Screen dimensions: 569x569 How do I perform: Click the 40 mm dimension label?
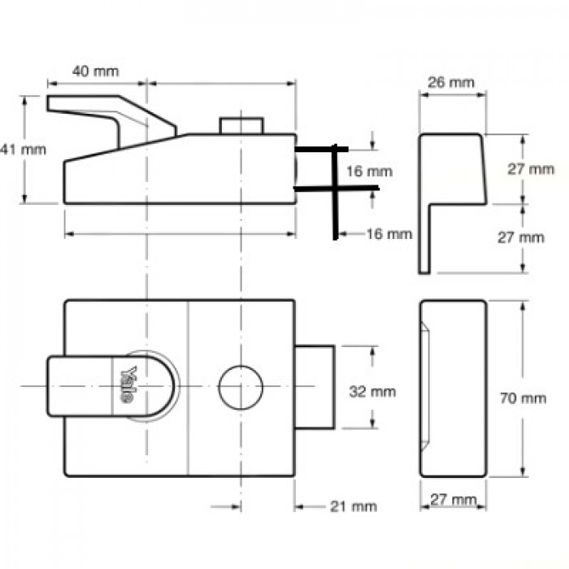[x=95, y=71]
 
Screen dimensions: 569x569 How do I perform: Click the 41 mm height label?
[x=11, y=149]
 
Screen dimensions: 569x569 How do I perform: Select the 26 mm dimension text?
[x=450, y=83]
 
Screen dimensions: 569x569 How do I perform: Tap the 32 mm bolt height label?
[x=371, y=392]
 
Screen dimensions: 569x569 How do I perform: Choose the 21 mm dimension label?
[x=354, y=506]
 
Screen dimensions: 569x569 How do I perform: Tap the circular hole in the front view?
[x=241, y=386]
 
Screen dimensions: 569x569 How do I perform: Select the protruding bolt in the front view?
[x=315, y=386]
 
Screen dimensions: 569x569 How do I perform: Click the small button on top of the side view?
[x=241, y=126]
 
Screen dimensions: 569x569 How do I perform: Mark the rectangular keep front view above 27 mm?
[x=453, y=389]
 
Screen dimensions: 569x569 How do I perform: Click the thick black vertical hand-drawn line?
[x=333, y=195]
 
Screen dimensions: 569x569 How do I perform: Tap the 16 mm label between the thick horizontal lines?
[x=367, y=172]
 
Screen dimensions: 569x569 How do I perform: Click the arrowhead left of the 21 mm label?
[x=298, y=506]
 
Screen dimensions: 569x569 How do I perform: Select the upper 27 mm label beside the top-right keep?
[x=531, y=169]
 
